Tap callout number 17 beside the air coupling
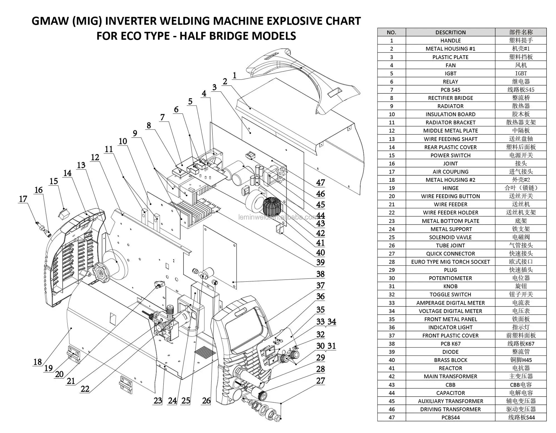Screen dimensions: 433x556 click(x=23, y=199)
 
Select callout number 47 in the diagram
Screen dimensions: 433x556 click(x=320, y=183)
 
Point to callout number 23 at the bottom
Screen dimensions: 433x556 click(x=158, y=400)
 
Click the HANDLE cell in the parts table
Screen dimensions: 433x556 click(x=450, y=41)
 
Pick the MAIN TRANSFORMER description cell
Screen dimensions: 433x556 click(x=450, y=376)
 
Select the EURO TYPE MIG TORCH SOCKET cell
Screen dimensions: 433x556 click(x=450, y=262)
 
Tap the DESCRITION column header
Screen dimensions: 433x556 click(x=450, y=32)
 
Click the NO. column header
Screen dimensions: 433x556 click(x=391, y=32)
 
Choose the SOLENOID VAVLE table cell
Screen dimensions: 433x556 click(x=450, y=237)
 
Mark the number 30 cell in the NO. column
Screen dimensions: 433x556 click(x=391, y=278)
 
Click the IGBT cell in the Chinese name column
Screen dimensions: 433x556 click(x=521, y=73)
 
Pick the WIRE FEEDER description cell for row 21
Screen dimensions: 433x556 click(x=450, y=205)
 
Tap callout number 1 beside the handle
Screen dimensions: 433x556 click(x=235, y=75)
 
